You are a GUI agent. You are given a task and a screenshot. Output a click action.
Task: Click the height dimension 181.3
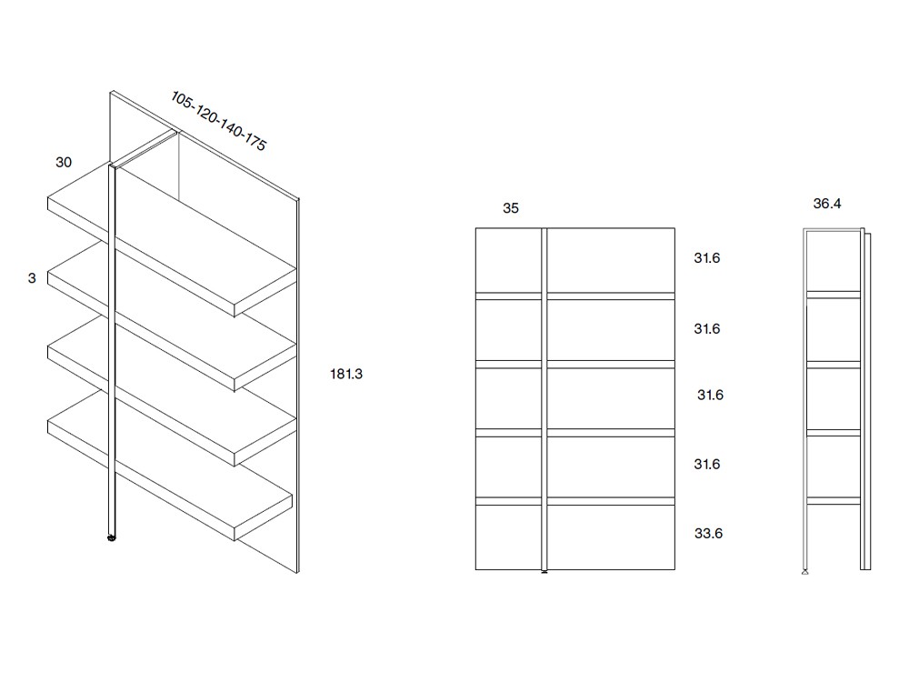pyautogui.click(x=346, y=374)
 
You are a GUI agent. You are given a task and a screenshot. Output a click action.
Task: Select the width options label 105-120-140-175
pyautogui.click(x=218, y=121)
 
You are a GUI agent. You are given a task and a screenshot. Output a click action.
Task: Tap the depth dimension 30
pyautogui.click(x=64, y=163)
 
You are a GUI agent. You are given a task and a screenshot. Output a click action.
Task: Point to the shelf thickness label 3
pyautogui.click(x=32, y=278)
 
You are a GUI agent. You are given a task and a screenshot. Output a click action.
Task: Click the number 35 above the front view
pyautogui.click(x=511, y=208)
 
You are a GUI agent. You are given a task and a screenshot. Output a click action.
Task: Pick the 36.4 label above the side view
pyautogui.click(x=827, y=204)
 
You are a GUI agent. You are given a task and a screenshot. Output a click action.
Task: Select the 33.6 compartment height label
pyautogui.click(x=708, y=534)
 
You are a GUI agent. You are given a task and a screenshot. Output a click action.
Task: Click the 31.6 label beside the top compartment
pyautogui.click(x=707, y=258)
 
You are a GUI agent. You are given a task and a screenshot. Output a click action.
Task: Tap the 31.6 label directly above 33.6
pyautogui.click(x=707, y=464)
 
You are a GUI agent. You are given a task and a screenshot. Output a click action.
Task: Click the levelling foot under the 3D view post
pyautogui.click(x=111, y=537)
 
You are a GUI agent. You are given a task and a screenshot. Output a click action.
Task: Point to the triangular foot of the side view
pyautogui.click(x=804, y=572)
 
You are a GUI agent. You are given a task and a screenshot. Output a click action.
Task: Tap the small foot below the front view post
pyautogui.click(x=544, y=572)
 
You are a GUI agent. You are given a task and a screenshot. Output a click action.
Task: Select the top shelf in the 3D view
pyautogui.click(x=172, y=239)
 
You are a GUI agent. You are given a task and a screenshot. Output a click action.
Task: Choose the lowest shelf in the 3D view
pyautogui.click(x=170, y=466)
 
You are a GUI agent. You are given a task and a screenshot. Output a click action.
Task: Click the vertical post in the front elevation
pyautogui.click(x=544, y=399)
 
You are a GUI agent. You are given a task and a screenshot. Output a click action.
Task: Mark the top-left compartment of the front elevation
pyautogui.click(x=508, y=260)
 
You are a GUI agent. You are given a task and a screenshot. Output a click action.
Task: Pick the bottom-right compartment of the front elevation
pyautogui.click(x=611, y=537)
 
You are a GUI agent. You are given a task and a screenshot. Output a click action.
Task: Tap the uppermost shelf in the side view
pyautogui.click(x=834, y=295)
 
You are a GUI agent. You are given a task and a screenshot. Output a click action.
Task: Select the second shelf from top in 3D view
pyautogui.click(x=172, y=316)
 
